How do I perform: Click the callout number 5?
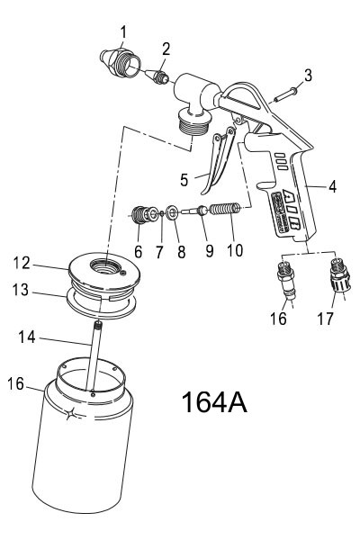(x=184, y=180)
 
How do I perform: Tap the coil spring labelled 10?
(x=230, y=211)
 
